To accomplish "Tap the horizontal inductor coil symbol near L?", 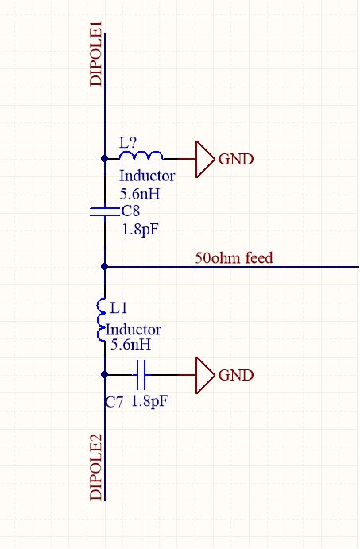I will [x=143, y=157].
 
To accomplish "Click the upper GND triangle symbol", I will [x=204, y=159].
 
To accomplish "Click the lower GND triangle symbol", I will [x=204, y=374].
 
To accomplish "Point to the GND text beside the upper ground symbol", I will [x=236, y=160].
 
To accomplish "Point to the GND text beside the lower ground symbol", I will [x=236, y=375].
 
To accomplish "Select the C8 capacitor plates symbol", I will [x=104, y=211].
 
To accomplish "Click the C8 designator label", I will [x=131, y=211].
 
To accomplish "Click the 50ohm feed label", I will [x=234, y=257].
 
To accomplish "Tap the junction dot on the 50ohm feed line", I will [x=104, y=267].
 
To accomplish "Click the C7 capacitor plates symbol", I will [x=141, y=374].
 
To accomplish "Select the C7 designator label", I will [x=114, y=403].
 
